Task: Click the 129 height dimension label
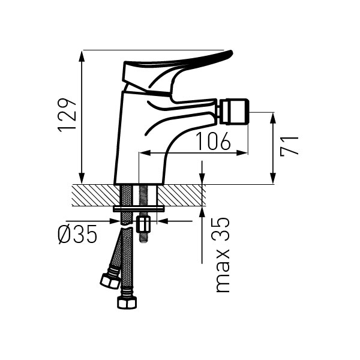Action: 67,115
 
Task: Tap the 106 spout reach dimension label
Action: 213,141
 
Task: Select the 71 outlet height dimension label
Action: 289,146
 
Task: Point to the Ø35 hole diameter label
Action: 77,234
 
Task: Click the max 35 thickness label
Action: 223,254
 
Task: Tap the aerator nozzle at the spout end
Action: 233,112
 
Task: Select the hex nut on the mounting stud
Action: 143,224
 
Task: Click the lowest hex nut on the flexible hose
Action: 127,302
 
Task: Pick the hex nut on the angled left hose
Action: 110,280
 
